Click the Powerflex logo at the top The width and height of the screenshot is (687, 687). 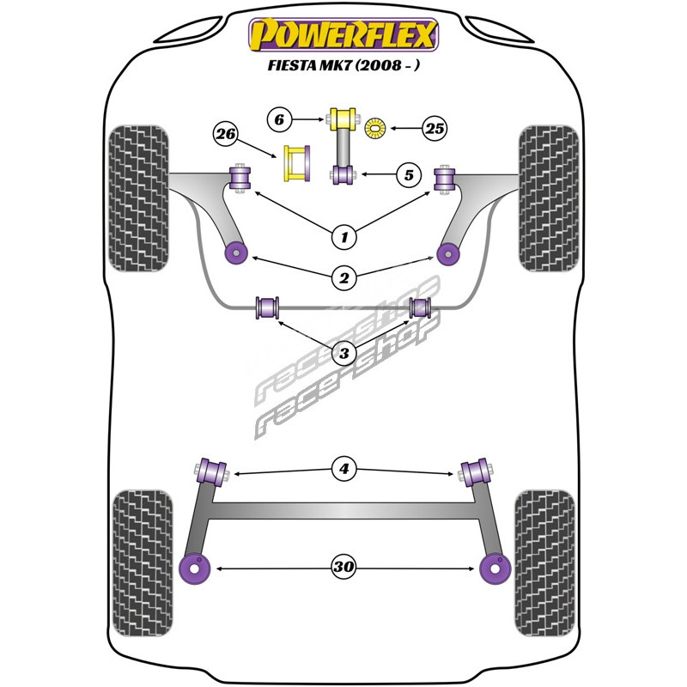343,35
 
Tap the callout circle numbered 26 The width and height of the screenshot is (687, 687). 226,134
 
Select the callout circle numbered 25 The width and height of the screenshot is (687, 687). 435,128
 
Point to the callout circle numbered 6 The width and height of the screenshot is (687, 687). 280,119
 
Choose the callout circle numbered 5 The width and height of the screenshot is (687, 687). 409,175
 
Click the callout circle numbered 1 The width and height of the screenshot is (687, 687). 344,237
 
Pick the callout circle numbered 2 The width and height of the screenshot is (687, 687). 344,277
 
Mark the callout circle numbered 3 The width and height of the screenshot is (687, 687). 344,352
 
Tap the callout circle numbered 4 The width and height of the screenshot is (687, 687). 344,469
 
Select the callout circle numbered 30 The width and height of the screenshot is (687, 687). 343,567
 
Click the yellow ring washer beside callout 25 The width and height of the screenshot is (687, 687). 375,128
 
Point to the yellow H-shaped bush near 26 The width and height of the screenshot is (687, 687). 297,163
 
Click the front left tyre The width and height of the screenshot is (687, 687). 138,198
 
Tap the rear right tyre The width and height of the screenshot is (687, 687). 544,563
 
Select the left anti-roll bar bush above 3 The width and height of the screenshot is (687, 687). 267,307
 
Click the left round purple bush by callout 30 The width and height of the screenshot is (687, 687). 195,568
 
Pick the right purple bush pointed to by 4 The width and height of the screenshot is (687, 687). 476,471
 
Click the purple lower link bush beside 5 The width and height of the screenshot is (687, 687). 343,175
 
